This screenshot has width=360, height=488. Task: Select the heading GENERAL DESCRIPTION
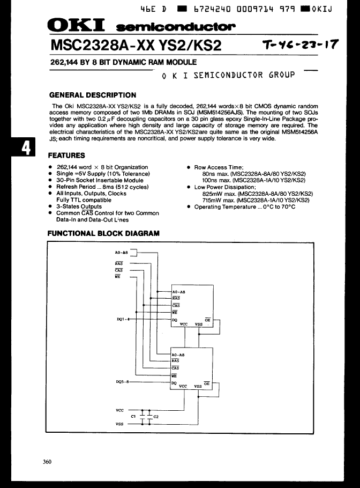[92, 95]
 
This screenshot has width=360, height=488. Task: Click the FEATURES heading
[66, 156]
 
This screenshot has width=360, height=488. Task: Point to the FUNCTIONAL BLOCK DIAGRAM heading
[103, 233]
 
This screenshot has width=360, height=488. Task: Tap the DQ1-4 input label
[123, 319]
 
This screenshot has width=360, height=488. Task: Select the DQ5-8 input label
[123, 382]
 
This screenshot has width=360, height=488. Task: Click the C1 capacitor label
[133, 416]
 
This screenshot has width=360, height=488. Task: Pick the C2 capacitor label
[156, 416]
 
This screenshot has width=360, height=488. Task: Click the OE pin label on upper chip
[208, 320]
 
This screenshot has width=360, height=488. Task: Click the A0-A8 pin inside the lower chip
[178, 355]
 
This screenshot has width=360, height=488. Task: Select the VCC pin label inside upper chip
[184, 324]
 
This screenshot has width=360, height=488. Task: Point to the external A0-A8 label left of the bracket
[122, 252]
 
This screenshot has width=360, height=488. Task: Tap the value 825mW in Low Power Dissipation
[213, 194]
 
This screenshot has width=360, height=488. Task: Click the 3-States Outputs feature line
[79, 206]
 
